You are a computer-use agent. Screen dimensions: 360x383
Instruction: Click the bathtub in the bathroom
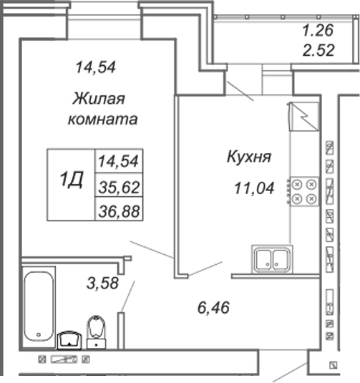click(x=39, y=307)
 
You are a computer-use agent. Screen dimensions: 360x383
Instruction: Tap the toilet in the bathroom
click(x=96, y=332)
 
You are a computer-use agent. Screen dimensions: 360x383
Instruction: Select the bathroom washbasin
click(x=69, y=340)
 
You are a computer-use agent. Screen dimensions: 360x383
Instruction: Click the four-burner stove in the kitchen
click(x=303, y=192)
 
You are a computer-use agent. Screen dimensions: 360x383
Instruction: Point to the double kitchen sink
click(x=272, y=259)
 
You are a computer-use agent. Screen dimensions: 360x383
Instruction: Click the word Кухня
click(x=249, y=157)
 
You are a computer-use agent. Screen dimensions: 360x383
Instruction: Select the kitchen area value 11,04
click(x=254, y=188)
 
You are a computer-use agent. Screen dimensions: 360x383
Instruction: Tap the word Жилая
click(x=99, y=100)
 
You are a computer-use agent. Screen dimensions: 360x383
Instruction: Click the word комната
click(x=102, y=120)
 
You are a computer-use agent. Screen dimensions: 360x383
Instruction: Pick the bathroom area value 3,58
click(x=102, y=283)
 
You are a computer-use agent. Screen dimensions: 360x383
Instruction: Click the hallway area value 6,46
click(x=213, y=308)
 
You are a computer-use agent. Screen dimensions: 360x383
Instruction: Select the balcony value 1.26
click(x=318, y=31)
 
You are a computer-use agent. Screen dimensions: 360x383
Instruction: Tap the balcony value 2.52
click(x=318, y=50)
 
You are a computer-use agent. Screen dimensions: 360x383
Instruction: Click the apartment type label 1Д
click(x=72, y=179)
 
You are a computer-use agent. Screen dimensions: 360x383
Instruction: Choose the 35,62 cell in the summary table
click(x=119, y=187)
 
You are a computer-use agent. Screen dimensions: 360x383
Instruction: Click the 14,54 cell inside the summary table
click(x=119, y=161)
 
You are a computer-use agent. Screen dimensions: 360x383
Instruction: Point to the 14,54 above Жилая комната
click(x=95, y=67)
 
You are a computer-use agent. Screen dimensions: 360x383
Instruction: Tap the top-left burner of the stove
click(x=297, y=185)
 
